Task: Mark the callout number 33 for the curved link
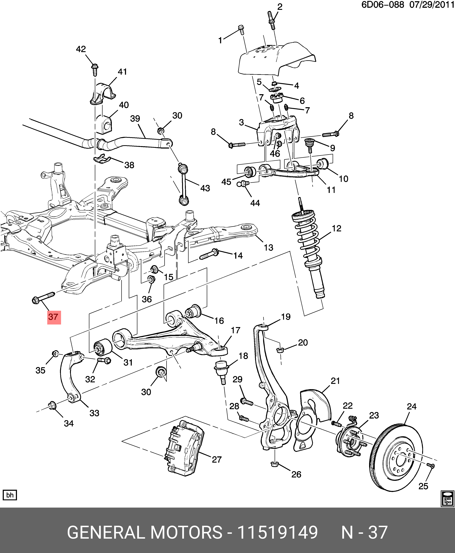pos(94,413)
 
